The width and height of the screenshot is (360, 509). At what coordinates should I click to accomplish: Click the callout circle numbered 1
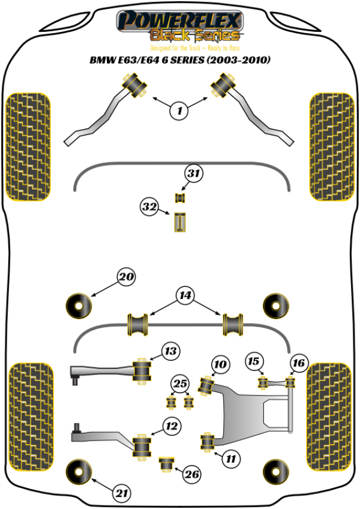pos(179,109)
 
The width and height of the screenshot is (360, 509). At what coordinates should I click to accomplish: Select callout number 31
pos(192,174)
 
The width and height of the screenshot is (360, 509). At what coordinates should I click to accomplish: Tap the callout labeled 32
pos(149,208)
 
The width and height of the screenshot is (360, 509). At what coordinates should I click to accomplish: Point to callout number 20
pos(126,277)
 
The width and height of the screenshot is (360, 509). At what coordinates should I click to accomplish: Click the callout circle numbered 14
pos(185,295)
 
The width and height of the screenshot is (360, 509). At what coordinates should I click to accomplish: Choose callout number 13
pos(171,351)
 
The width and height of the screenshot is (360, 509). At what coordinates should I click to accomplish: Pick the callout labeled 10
pos(221,364)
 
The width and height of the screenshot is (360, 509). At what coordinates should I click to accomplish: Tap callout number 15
pos(254,361)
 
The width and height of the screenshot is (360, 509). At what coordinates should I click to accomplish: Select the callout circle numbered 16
pos(298,362)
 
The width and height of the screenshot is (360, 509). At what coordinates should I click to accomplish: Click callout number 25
pos(179,384)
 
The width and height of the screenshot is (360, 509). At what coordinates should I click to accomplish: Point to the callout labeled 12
pos(172,427)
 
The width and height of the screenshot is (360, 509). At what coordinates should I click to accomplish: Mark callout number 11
pos(230,459)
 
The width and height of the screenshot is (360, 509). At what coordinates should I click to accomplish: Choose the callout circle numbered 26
pos(191,475)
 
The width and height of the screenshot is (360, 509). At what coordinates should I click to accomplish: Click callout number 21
pos(122,493)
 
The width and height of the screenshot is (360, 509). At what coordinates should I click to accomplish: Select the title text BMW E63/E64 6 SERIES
pos(179,60)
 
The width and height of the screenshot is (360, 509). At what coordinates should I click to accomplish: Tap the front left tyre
pos(28,146)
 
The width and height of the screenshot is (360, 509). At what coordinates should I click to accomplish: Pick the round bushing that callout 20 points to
pos(78,304)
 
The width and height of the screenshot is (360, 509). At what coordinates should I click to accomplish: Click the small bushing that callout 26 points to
pos(166,463)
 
